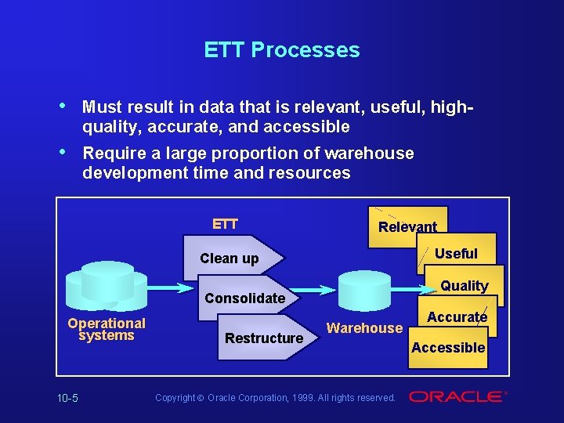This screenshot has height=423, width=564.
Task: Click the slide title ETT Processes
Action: tap(282, 50)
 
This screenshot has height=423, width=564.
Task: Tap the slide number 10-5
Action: tap(67, 398)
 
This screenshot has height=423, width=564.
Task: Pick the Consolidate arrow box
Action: tap(246, 298)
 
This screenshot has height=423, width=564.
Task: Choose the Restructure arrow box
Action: tap(263, 338)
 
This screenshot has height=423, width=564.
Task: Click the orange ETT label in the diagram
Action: tap(225, 224)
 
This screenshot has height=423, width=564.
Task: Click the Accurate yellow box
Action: tap(457, 316)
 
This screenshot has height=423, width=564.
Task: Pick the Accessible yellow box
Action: tap(449, 348)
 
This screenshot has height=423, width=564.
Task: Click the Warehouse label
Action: tap(364, 328)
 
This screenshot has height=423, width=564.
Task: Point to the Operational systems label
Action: tap(107, 329)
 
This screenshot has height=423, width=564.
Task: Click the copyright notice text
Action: tap(275, 398)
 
